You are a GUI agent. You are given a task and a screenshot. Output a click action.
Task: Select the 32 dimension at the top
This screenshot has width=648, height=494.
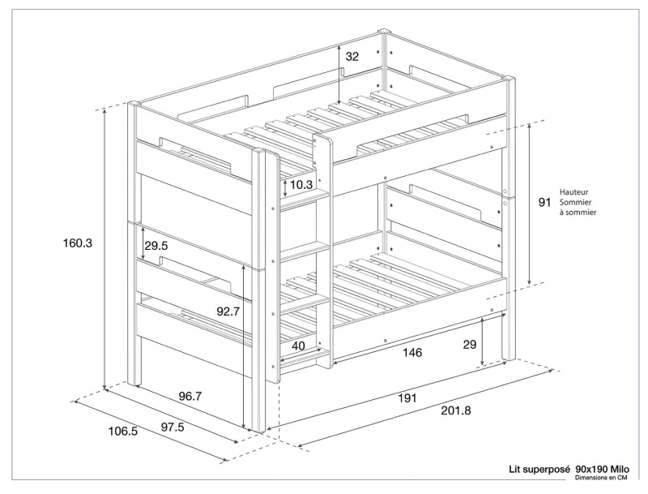352,57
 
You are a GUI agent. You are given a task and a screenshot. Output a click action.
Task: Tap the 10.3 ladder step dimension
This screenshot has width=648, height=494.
301,185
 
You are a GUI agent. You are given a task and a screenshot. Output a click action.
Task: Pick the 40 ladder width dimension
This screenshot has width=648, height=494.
298,346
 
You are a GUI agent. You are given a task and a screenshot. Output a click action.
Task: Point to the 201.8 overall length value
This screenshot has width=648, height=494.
454,410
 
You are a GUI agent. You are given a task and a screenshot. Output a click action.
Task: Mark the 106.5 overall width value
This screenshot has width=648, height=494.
123,432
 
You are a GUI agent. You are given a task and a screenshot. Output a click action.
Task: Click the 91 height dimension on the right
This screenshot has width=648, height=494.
544,203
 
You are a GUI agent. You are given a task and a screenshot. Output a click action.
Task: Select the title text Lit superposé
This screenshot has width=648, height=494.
539,469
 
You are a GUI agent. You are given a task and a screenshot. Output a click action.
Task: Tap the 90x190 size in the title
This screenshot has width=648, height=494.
591,469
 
